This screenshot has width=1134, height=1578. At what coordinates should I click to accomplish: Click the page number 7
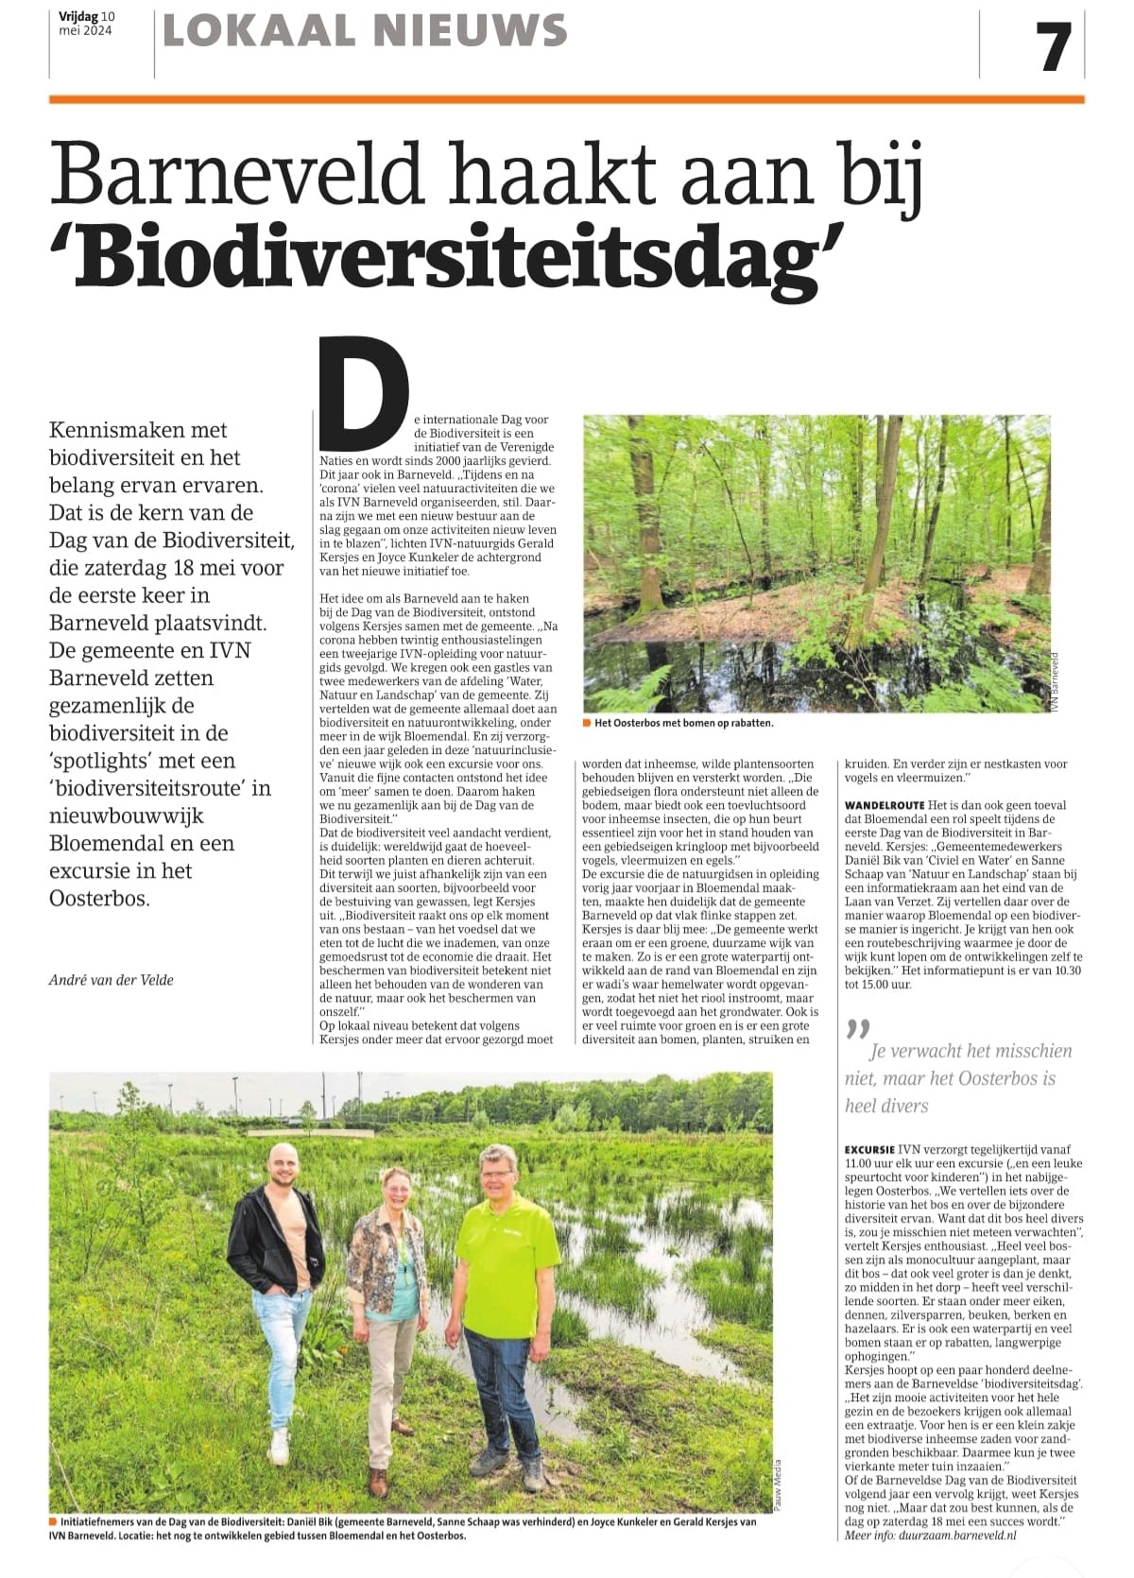tap(1053, 47)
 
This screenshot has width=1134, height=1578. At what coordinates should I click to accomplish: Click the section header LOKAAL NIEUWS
tap(365, 31)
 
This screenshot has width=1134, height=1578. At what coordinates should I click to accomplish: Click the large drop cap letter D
tap(364, 393)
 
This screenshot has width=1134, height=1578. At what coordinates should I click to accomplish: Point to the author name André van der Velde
tap(112, 980)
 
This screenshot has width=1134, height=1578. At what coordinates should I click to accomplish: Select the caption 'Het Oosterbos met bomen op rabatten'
tap(683, 723)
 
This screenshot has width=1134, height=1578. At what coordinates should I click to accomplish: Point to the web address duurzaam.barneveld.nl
tap(956, 1535)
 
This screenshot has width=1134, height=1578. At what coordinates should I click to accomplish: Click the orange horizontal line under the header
tap(567, 99)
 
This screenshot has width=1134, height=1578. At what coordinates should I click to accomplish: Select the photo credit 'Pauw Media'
tap(778, 1486)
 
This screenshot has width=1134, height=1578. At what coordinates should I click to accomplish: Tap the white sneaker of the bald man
tap(279, 1447)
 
